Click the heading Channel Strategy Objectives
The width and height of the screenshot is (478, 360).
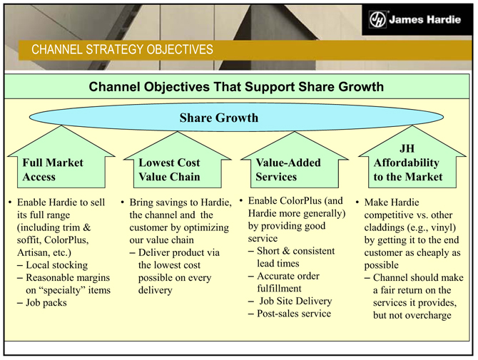click(121, 49)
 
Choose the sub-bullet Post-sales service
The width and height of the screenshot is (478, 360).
click(293, 313)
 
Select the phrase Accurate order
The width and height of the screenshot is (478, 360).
click(289, 276)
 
